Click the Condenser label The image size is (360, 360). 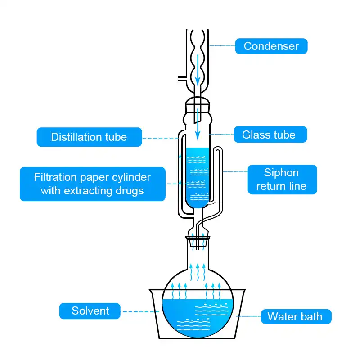tap(271, 46)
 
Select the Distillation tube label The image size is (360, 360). tap(89, 137)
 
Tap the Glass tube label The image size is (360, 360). tap(269, 135)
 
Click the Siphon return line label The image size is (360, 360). tap(282, 180)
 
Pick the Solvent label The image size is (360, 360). tap(90, 311)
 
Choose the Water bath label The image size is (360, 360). tap(295, 316)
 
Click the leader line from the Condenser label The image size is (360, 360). tap(222, 45)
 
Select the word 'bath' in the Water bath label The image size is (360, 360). tap(311, 316)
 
